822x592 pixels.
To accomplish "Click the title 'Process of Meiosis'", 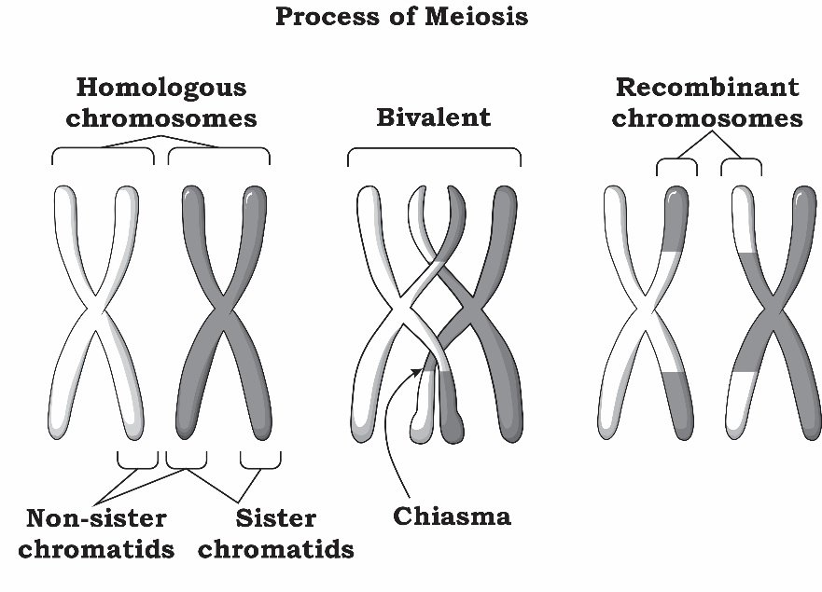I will [x=401, y=17].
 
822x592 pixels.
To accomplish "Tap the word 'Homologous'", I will [x=160, y=88].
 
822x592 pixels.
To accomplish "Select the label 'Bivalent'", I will [x=433, y=118].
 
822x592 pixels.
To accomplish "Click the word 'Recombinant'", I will [x=707, y=88].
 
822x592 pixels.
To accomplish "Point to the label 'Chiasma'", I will [x=452, y=516].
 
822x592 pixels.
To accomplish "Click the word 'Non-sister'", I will [x=96, y=518].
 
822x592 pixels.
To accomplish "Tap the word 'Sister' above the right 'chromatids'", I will [x=275, y=518].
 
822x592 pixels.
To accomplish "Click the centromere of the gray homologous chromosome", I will [x=223, y=309].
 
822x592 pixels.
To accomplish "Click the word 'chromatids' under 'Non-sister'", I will [x=96, y=549].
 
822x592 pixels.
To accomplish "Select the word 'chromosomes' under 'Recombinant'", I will [x=707, y=119].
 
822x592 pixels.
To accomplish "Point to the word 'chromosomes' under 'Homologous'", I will [x=160, y=119].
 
